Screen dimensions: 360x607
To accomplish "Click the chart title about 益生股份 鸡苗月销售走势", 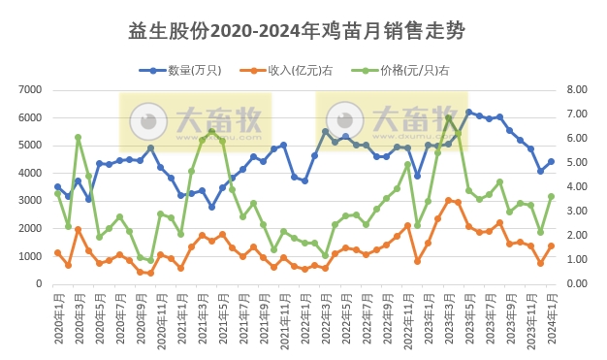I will [297, 31].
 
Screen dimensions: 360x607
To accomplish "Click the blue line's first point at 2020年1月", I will [57, 187].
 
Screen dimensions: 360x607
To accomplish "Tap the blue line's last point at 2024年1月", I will [551, 162].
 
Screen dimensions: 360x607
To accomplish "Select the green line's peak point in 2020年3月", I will [78, 138].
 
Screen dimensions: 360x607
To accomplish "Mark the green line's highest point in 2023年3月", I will [448, 117].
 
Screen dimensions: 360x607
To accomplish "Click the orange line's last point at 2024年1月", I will [551, 245].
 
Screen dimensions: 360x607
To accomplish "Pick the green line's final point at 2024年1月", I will [551, 196].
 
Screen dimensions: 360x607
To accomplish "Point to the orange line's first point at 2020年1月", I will [57, 252].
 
